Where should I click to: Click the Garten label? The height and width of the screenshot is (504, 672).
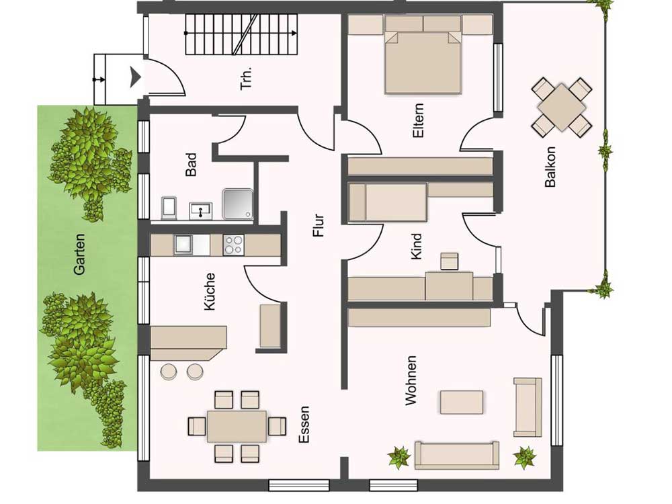pos(79,254)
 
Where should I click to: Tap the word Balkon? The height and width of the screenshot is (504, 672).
pos(550,167)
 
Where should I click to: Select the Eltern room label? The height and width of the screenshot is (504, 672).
pos(418,120)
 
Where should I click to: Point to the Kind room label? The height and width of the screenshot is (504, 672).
pos(416,247)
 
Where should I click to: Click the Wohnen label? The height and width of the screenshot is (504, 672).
pos(411,380)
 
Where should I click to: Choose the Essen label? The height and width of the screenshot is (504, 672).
pos(304,425)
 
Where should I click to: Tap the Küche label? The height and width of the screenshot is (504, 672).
pos(209,292)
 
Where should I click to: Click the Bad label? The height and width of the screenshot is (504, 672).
pos(191,165)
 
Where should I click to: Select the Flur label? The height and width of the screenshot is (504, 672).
pos(319,226)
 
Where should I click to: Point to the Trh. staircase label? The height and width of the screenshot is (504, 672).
pos(247,78)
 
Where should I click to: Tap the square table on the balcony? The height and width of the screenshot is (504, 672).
pos(561,107)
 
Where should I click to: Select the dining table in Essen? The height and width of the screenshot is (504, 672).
pos(237,427)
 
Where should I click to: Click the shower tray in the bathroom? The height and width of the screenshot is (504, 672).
pos(237,204)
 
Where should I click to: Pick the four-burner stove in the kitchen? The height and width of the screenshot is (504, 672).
pos(234,245)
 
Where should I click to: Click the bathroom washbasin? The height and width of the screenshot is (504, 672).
pos(200,211)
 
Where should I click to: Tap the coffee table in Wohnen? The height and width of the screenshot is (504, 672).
pos(462,402)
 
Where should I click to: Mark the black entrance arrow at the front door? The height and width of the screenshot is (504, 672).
pos(136,77)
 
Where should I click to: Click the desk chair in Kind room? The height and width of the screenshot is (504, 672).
pos(450,261)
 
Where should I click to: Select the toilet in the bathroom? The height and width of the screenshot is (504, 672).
pos(169,208)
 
